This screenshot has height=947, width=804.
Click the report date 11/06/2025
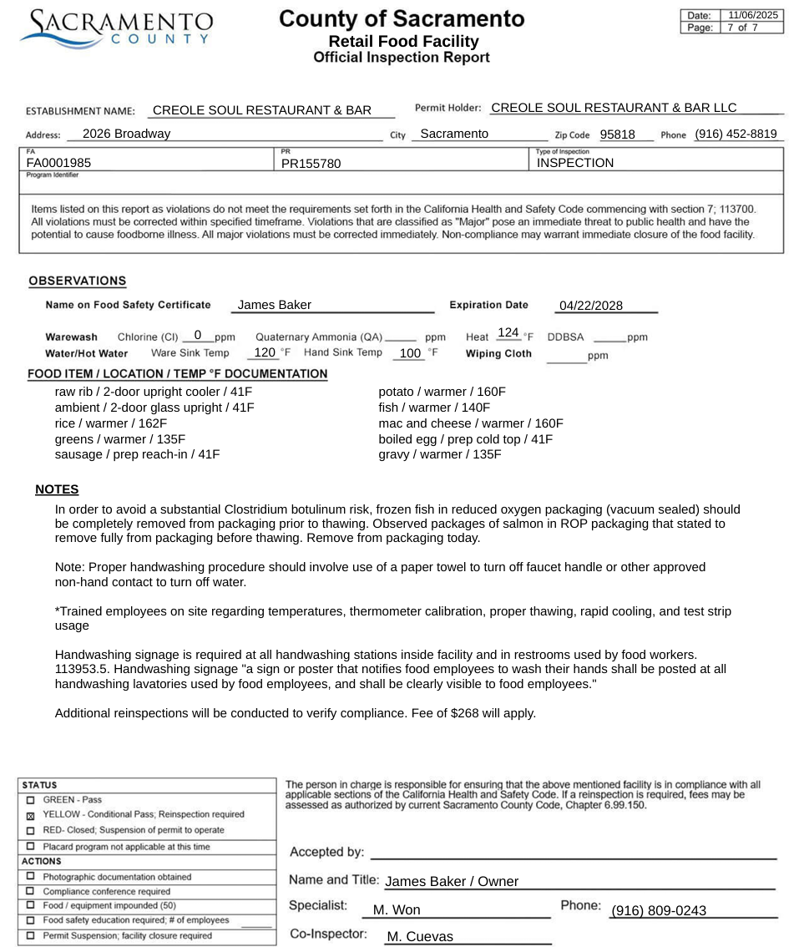[x=752, y=15]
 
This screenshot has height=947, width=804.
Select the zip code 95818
[x=617, y=134]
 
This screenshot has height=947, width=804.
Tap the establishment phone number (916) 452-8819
[x=736, y=134]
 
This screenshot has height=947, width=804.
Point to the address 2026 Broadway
[x=127, y=134]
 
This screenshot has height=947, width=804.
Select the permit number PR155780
[x=311, y=164]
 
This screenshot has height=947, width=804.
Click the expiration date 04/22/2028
[x=591, y=306]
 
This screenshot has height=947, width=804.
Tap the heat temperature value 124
[x=508, y=333]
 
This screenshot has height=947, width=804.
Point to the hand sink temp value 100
[x=410, y=353]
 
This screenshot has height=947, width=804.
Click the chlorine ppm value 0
[x=198, y=335]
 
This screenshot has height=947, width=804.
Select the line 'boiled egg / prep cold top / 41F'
[x=465, y=439]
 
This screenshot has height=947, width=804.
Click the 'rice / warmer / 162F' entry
[x=111, y=423]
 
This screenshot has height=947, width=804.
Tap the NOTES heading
[x=57, y=489]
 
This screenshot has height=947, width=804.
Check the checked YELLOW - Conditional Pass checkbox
[x=31, y=815]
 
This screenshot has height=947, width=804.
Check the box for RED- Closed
[x=31, y=831]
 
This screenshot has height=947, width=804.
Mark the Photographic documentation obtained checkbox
[x=31, y=877]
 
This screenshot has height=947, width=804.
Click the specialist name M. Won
[x=397, y=910]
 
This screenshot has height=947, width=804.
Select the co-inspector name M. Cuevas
[x=420, y=937]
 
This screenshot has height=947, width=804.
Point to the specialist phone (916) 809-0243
[x=659, y=910]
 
